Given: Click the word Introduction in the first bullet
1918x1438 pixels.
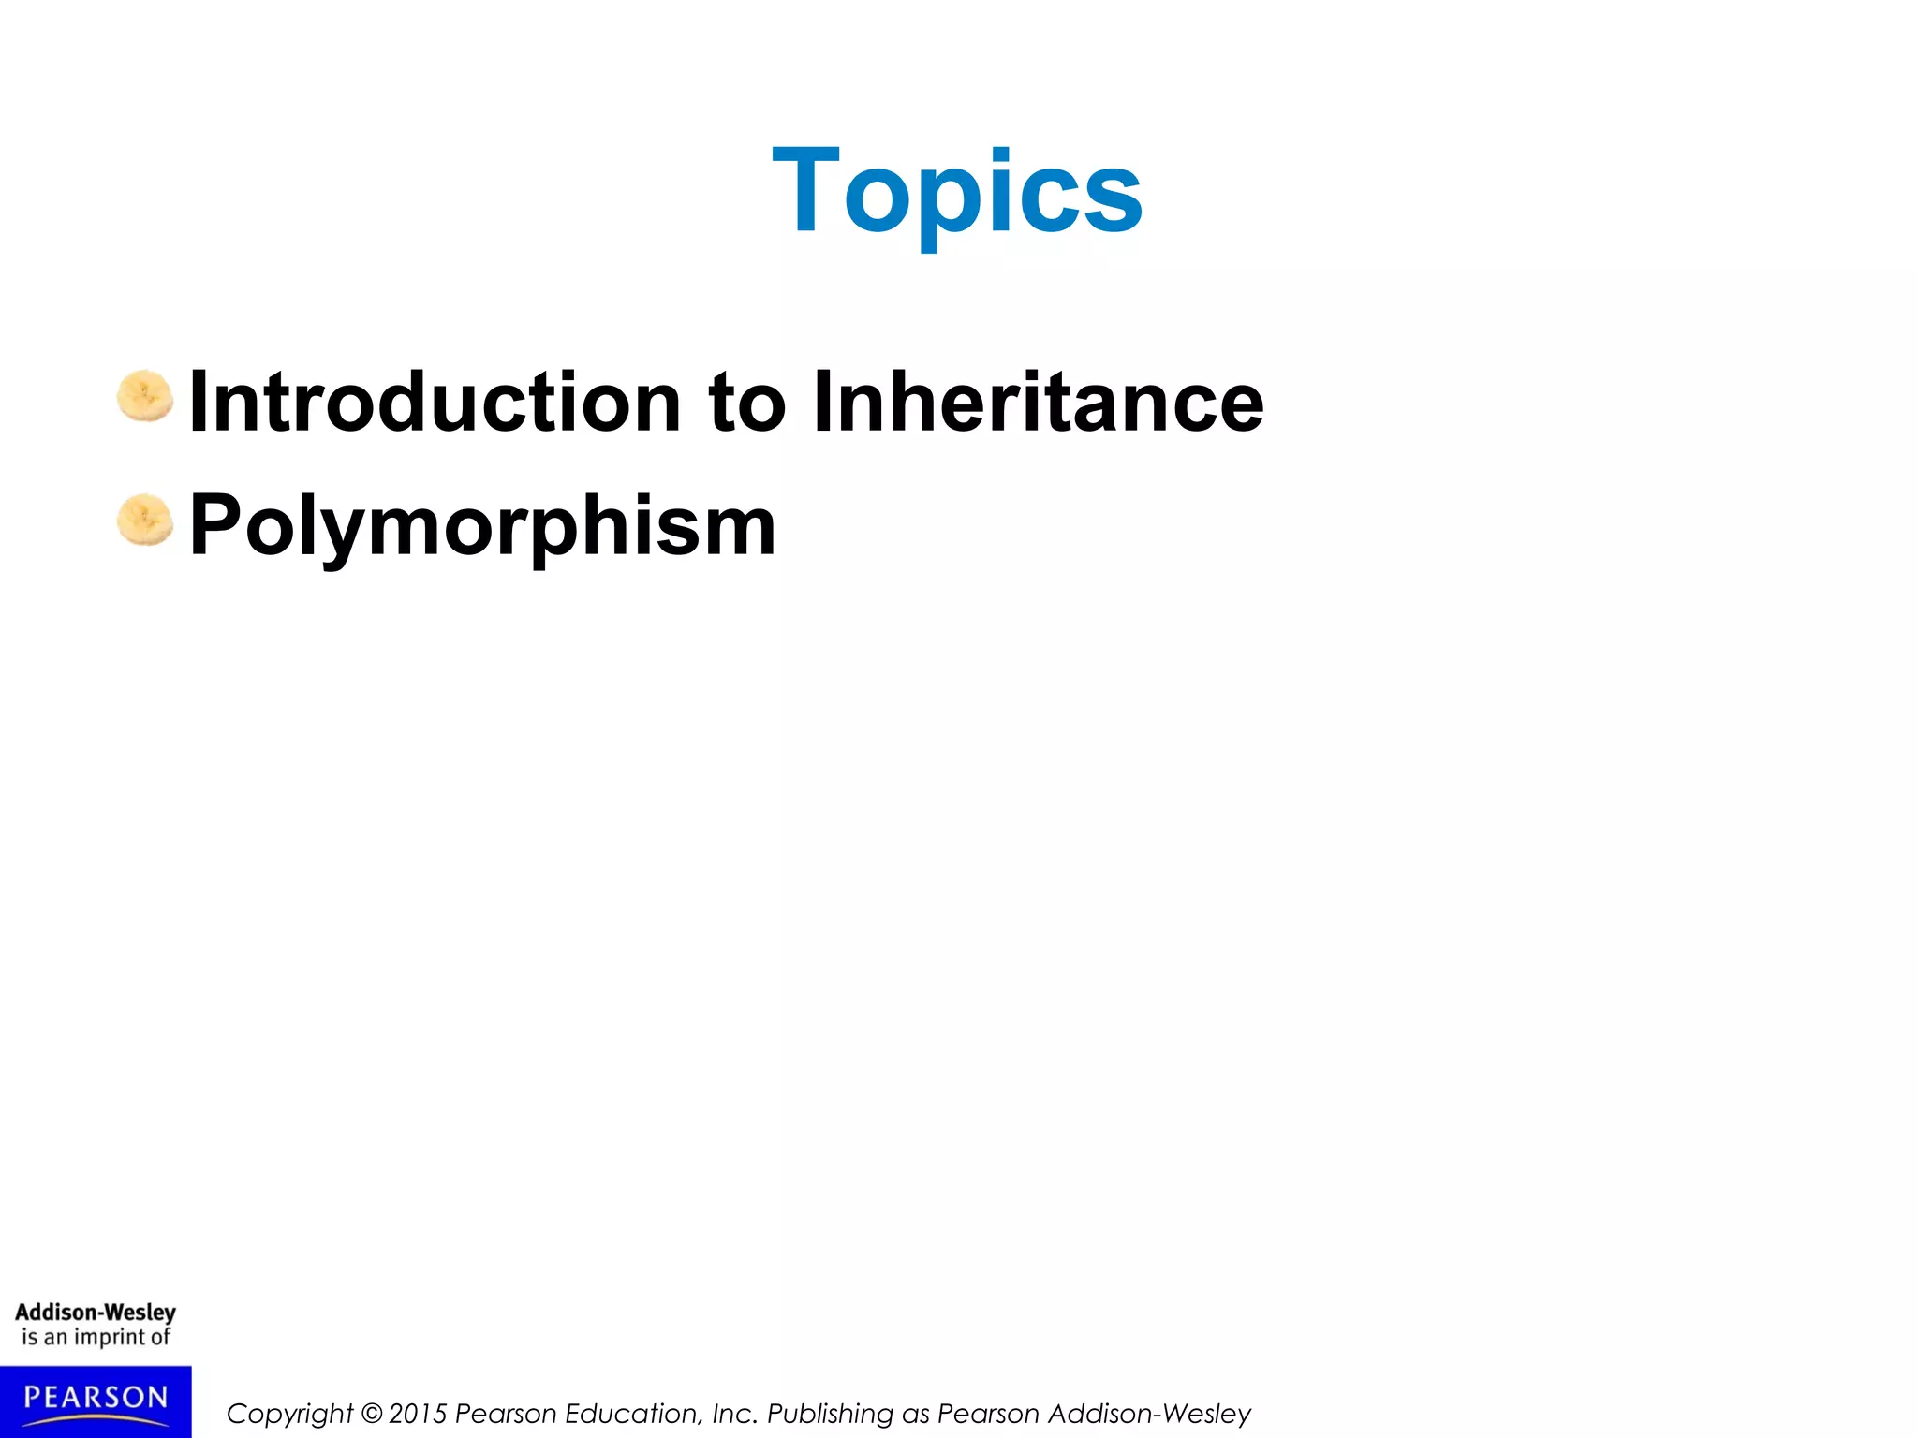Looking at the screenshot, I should click(x=435, y=403).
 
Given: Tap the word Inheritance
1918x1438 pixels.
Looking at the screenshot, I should click(x=1038, y=403).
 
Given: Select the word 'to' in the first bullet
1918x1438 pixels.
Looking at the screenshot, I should click(x=746, y=404).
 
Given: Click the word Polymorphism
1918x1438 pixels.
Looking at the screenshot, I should click(x=482, y=526).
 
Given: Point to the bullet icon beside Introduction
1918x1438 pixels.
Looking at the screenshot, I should click(x=145, y=396).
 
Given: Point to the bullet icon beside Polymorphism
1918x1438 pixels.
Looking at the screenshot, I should click(x=145, y=519).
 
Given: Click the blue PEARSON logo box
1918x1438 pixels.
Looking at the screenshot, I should click(x=96, y=1401).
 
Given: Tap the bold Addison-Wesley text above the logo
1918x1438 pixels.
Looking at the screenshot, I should click(x=96, y=1312).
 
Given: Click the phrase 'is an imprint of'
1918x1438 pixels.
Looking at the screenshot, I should click(x=96, y=1337).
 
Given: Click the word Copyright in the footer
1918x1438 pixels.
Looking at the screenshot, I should click(x=289, y=1414).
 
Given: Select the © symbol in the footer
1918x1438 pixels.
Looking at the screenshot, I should click(x=372, y=1413).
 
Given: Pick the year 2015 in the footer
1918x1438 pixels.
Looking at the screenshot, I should click(x=418, y=1413).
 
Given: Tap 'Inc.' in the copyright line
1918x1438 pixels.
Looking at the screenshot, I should click(x=734, y=1413).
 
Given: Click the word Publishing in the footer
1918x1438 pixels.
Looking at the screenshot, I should click(x=830, y=1414).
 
